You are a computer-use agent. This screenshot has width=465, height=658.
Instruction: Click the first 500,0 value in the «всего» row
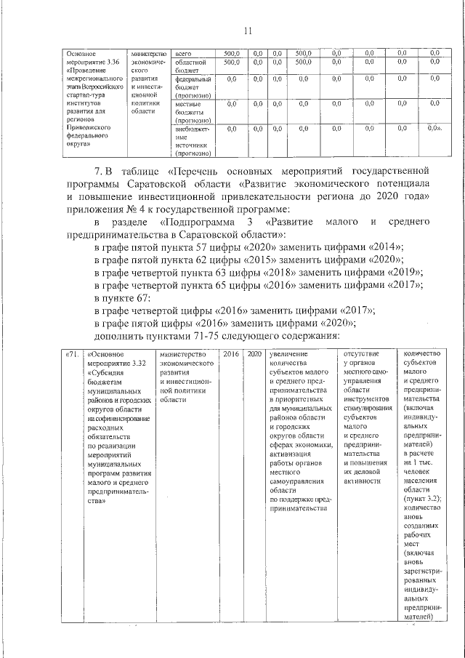[x=231, y=53]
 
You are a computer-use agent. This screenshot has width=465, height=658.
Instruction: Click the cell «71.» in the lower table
[x=71, y=354]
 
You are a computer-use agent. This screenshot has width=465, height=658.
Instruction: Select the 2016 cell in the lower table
[x=231, y=354]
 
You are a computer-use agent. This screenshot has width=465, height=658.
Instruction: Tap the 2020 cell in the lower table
[x=254, y=354]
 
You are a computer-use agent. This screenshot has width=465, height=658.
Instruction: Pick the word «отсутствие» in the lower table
[x=360, y=354]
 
